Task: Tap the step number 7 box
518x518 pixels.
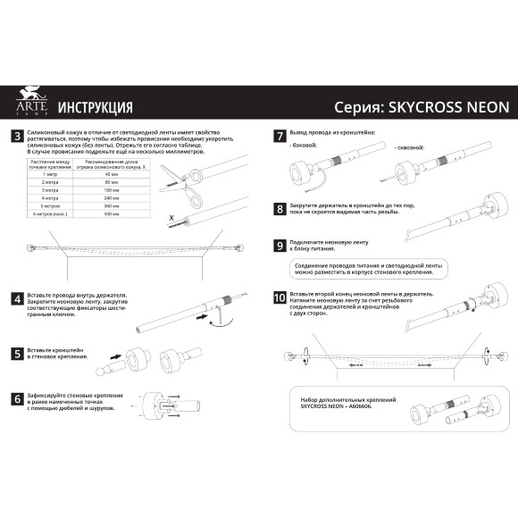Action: [x=280, y=136]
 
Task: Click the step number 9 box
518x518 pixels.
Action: [x=280, y=244]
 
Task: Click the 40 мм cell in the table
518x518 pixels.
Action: [x=111, y=174]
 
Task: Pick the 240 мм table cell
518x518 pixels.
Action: [x=111, y=198]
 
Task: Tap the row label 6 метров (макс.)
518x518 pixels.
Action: [x=50, y=214]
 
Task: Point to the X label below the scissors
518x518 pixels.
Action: [x=171, y=217]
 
